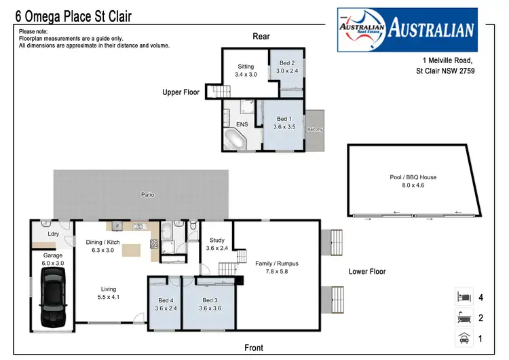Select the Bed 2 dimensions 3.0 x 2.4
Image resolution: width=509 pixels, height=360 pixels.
click(285, 71)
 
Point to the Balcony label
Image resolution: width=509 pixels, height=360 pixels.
click(315, 128)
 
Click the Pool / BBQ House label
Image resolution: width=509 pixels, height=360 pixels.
click(413, 177)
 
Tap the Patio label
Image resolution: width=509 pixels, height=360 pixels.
click(147, 195)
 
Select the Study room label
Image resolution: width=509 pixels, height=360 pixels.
click(216, 240)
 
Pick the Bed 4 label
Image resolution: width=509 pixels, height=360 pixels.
click(165, 300)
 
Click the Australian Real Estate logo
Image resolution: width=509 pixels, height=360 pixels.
click(407, 29)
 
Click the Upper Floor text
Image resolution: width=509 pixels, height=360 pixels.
click(181, 92)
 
